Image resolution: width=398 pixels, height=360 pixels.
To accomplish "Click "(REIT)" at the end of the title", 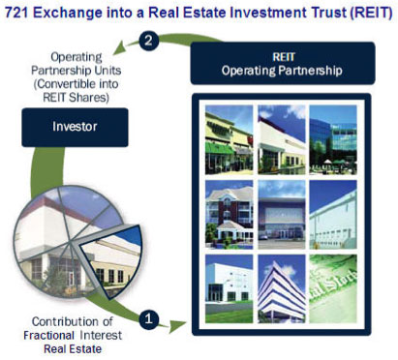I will coord(369,11).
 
